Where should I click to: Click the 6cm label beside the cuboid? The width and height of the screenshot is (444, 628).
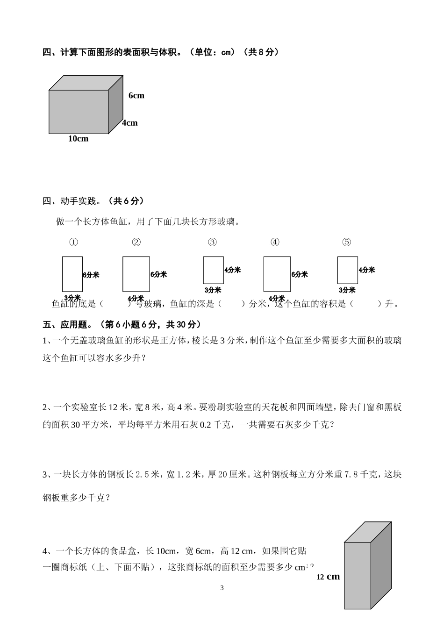pos(136,96)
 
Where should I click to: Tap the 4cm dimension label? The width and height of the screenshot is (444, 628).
pos(130,123)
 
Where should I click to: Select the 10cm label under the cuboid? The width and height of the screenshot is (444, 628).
pos(78,139)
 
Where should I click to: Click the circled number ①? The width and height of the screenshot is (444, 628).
pos(73,242)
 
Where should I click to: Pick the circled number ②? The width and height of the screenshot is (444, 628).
pos(136,242)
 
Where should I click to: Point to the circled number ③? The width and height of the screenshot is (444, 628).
pos(212,242)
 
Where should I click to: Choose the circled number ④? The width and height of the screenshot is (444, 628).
pos(275,242)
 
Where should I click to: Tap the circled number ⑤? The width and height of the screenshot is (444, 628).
pos(346,242)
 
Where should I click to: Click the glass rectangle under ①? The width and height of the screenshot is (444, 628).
pos(72,274)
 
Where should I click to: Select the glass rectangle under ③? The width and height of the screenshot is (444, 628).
pos(213,270)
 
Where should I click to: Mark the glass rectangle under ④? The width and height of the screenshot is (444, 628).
pos(277,274)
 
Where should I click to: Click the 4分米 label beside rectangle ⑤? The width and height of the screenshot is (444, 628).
pos(367,270)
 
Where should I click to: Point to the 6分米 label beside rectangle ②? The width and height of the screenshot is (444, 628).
pos(158,275)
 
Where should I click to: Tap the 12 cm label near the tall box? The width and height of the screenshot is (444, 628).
pos(328,577)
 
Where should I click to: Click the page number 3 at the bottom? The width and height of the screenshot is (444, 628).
pos(222,588)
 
